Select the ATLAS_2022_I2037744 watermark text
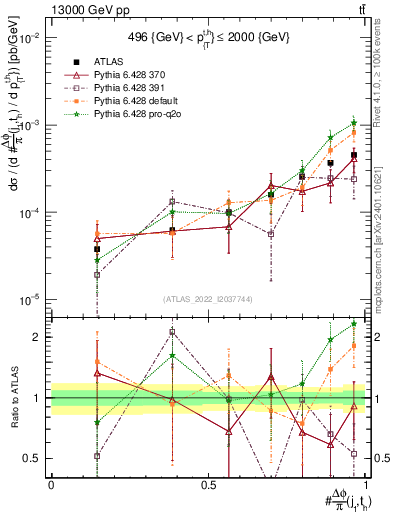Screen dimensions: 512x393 coord(208,298)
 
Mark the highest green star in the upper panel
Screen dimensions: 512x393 coord(353,123)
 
